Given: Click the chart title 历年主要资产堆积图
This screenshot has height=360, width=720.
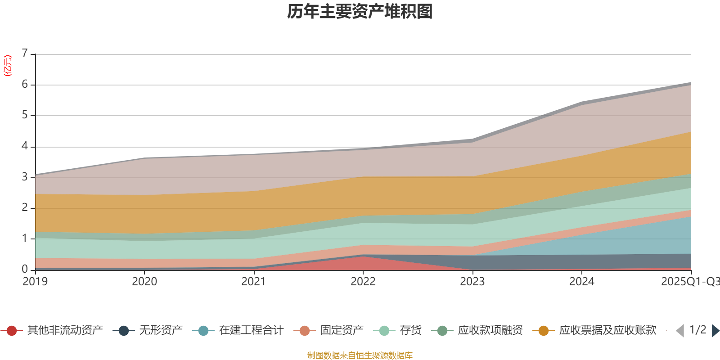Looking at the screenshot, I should (360, 12).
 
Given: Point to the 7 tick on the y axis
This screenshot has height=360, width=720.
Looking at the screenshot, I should (25, 54).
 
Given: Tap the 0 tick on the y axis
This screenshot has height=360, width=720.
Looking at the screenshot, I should (25, 269).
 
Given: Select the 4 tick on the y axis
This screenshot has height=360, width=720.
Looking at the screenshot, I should (25, 146).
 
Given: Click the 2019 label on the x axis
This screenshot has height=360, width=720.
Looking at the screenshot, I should (35, 282).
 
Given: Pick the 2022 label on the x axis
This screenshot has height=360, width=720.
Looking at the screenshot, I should (363, 282).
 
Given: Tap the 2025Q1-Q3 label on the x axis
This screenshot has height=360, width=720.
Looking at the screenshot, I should (689, 282).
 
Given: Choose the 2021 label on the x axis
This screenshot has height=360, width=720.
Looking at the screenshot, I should (253, 282).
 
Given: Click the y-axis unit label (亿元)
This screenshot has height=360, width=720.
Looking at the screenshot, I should (8, 66).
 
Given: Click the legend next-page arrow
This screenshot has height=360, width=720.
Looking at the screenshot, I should (715, 331).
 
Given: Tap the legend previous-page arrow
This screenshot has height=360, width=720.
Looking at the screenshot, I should (680, 331).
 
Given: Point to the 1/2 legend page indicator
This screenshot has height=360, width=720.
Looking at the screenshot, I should (697, 330).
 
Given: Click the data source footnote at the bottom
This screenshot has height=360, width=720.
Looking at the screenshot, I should (360, 355).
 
